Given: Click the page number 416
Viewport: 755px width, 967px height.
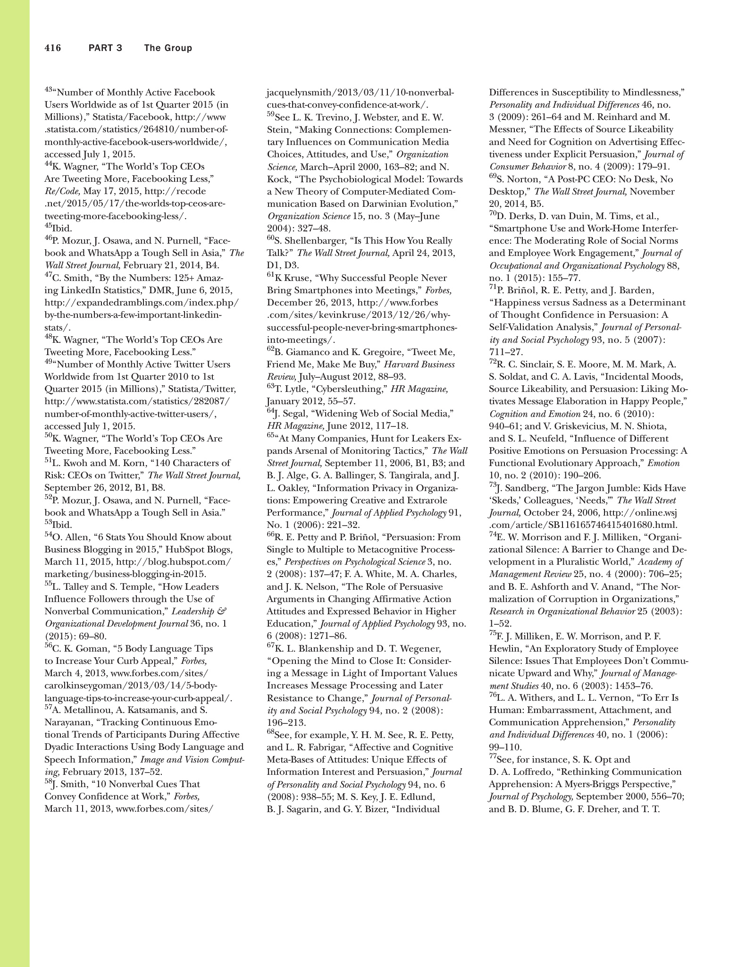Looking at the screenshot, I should pos(53,48).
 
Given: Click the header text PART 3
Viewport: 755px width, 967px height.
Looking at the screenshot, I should pos(105,48).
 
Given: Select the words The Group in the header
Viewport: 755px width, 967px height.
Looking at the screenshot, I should pos(168,48).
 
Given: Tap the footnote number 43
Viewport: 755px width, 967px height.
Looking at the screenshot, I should pos(48,90).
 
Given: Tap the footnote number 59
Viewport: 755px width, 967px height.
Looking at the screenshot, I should pos(270,114).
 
